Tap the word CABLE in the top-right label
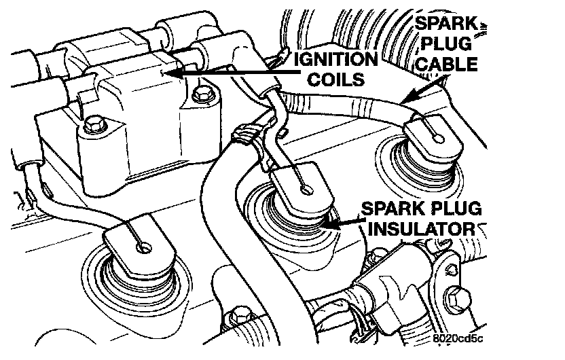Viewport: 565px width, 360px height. tap(447, 65)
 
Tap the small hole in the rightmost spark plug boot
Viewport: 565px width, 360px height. tap(438, 139)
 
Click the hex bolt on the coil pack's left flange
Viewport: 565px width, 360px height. tap(94, 125)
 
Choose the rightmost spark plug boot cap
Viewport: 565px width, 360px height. tap(431, 136)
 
